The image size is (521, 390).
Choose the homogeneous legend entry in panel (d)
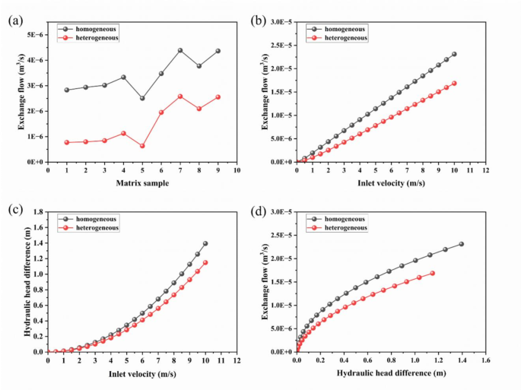click(345, 218)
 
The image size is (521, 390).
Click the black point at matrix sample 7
click(180, 50)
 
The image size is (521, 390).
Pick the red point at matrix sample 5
click(142, 146)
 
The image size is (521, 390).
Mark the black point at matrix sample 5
click(142, 98)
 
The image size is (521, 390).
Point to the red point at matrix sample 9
click(218, 97)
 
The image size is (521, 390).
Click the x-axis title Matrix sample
click(142, 183)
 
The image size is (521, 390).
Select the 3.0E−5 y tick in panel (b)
click(277, 22)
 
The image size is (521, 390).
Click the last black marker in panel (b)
click(454, 54)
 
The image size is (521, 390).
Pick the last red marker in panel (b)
click(454, 84)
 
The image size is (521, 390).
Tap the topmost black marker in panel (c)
click(205, 243)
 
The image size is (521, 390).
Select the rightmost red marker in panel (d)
click(433, 273)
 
